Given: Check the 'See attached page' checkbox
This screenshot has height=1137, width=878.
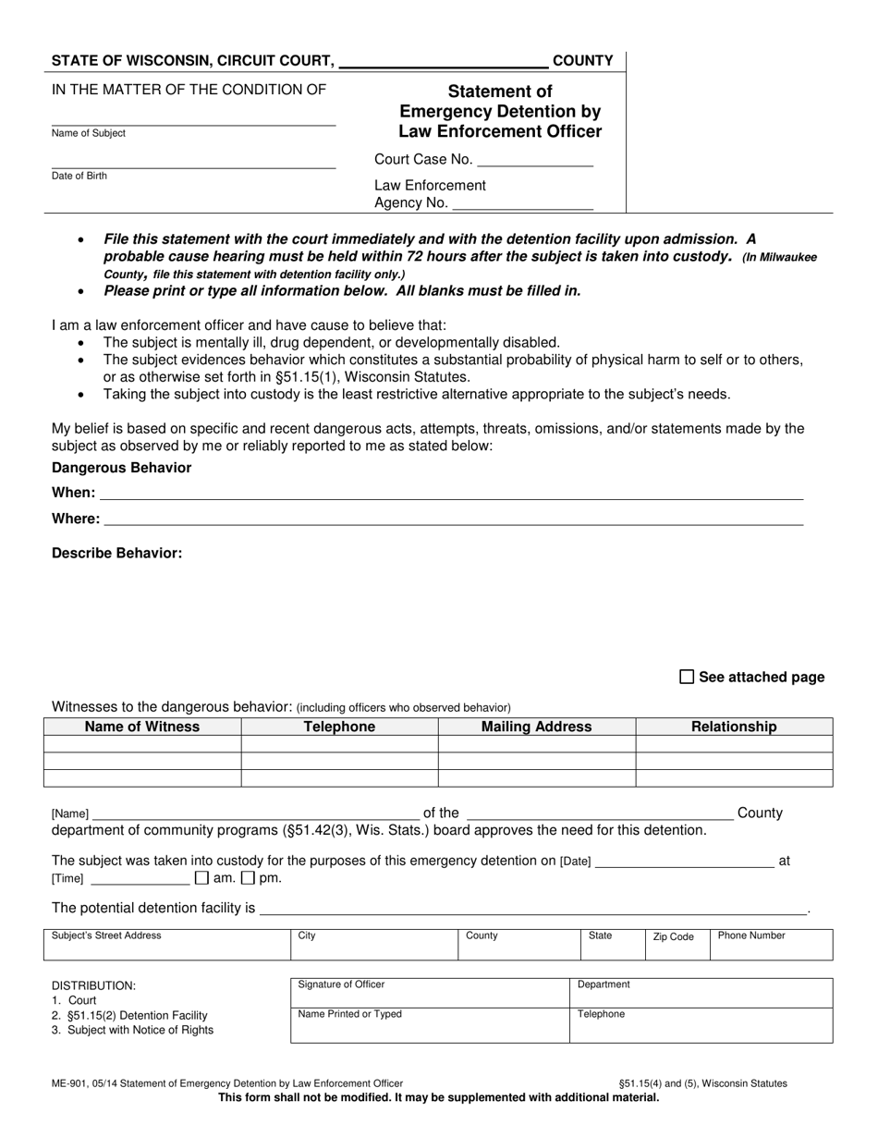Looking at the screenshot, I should pyautogui.click(x=687, y=677).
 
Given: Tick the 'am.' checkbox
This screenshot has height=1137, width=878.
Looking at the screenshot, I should pyautogui.click(x=201, y=877).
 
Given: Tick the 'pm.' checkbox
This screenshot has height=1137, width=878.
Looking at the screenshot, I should pyautogui.click(x=247, y=877).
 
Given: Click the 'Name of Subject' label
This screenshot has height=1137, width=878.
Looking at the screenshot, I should pyautogui.click(x=89, y=133).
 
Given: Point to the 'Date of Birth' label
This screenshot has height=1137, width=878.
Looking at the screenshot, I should pyautogui.click(x=79, y=176).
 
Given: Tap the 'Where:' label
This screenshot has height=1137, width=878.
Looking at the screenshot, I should pyautogui.click(x=76, y=519).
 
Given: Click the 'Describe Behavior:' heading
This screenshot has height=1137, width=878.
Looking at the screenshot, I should pyautogui.click(x=117, y=553).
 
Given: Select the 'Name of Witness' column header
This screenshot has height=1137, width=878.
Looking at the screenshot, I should pyautogui.click(x=142, y=727).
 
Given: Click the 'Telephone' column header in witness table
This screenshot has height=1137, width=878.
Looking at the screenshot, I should pyautogui.click(x=339, y=727).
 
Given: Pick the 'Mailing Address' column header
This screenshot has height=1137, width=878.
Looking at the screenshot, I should pyautogui.click(x=536, y=727).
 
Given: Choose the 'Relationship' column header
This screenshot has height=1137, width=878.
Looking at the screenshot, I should pyautogui.click(x=734, y=727).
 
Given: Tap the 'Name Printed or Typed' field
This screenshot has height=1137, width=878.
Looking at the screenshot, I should pyautogui.click(x=430, y=1024).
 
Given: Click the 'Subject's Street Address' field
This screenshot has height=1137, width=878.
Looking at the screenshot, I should pyautogui.click(x=166, y=946).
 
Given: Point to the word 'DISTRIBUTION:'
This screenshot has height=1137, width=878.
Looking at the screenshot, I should pyautogui.click(x=93, y=985).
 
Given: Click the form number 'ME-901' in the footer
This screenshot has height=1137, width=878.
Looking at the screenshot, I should pyautogui.click(x=71, y=1083).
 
